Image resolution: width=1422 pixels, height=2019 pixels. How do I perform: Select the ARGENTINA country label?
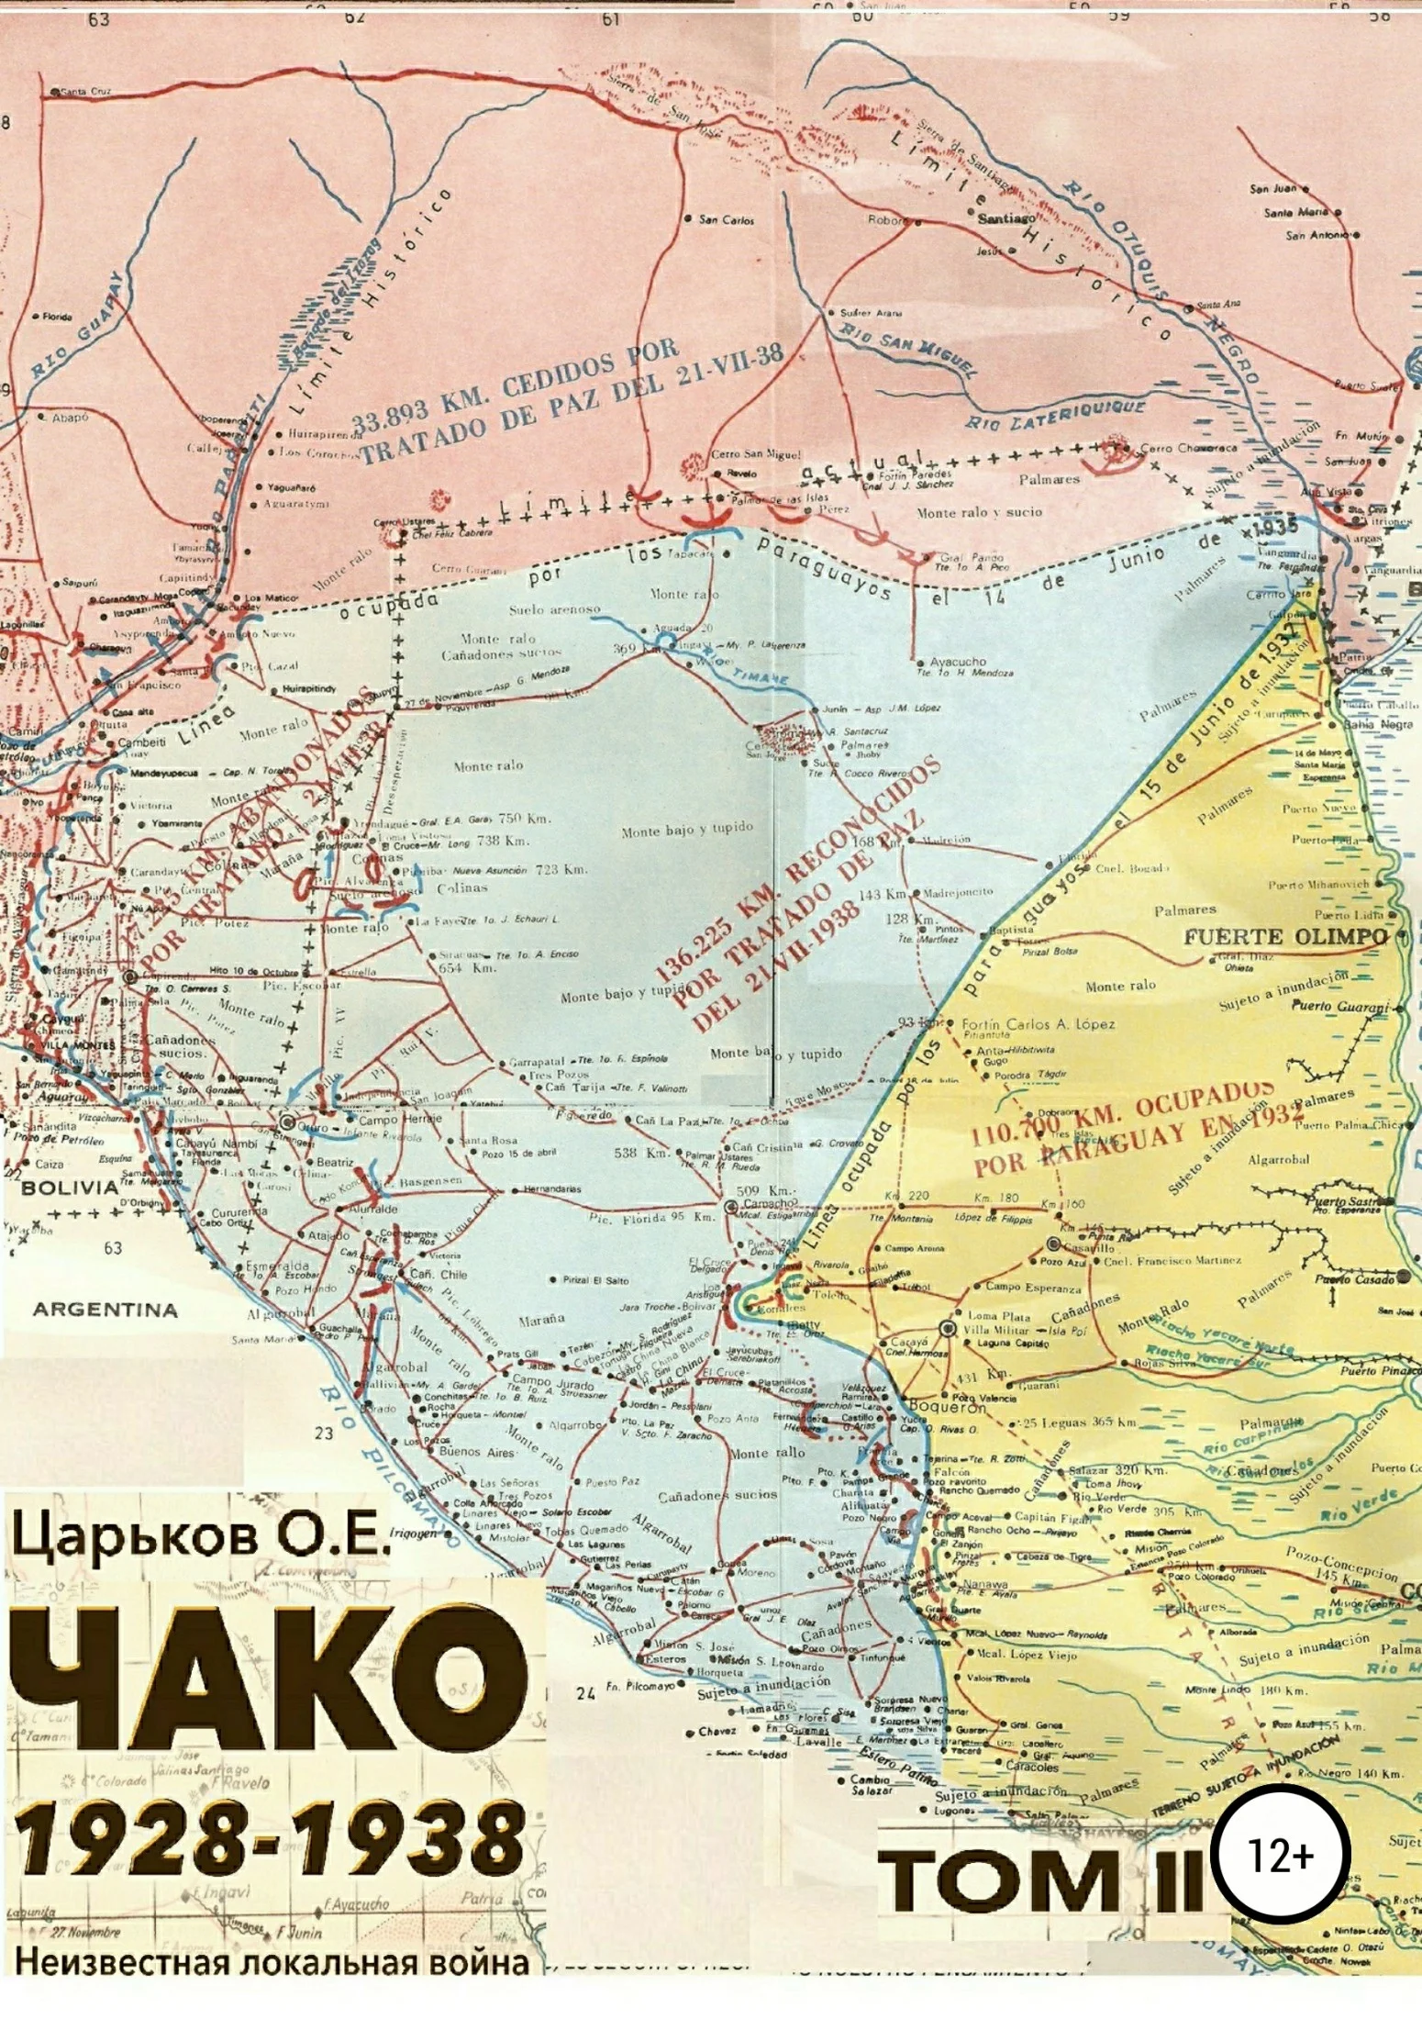click(x=106, y=1310)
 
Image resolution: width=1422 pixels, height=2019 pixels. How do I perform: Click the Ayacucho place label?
click(x=958, y=661)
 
